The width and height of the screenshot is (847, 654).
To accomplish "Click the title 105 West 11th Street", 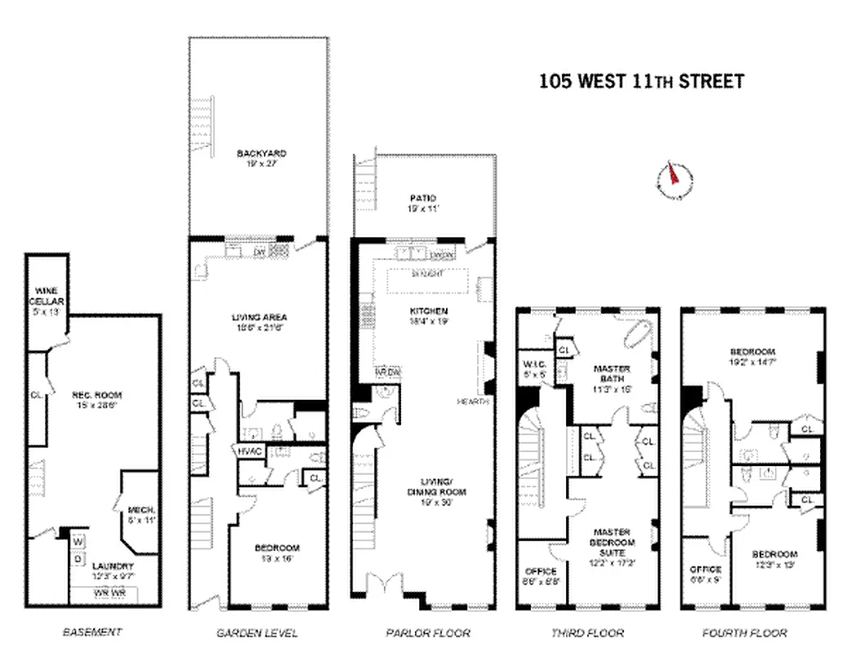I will [x=641, y=81].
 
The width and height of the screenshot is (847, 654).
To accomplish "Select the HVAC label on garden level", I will [x=249, y=450].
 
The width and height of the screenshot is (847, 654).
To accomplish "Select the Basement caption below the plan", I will [x=92, y=632].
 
